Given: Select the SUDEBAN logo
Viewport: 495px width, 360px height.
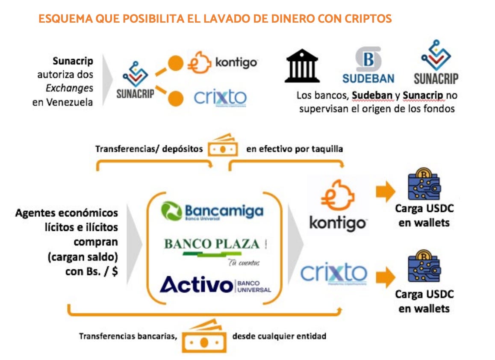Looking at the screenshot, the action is pos(368,65).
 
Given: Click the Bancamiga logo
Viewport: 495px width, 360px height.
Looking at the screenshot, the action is pos(212,211).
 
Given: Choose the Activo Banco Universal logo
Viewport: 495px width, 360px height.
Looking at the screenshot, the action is pos(215,285).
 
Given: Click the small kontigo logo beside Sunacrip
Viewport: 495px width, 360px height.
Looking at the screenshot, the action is pos(222,63).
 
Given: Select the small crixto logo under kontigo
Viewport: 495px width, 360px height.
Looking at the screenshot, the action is pos(220,97).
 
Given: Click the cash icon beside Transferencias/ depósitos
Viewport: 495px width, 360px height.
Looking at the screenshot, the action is pos(223,146).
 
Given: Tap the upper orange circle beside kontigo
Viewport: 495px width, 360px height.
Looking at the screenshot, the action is pos(175,65).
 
